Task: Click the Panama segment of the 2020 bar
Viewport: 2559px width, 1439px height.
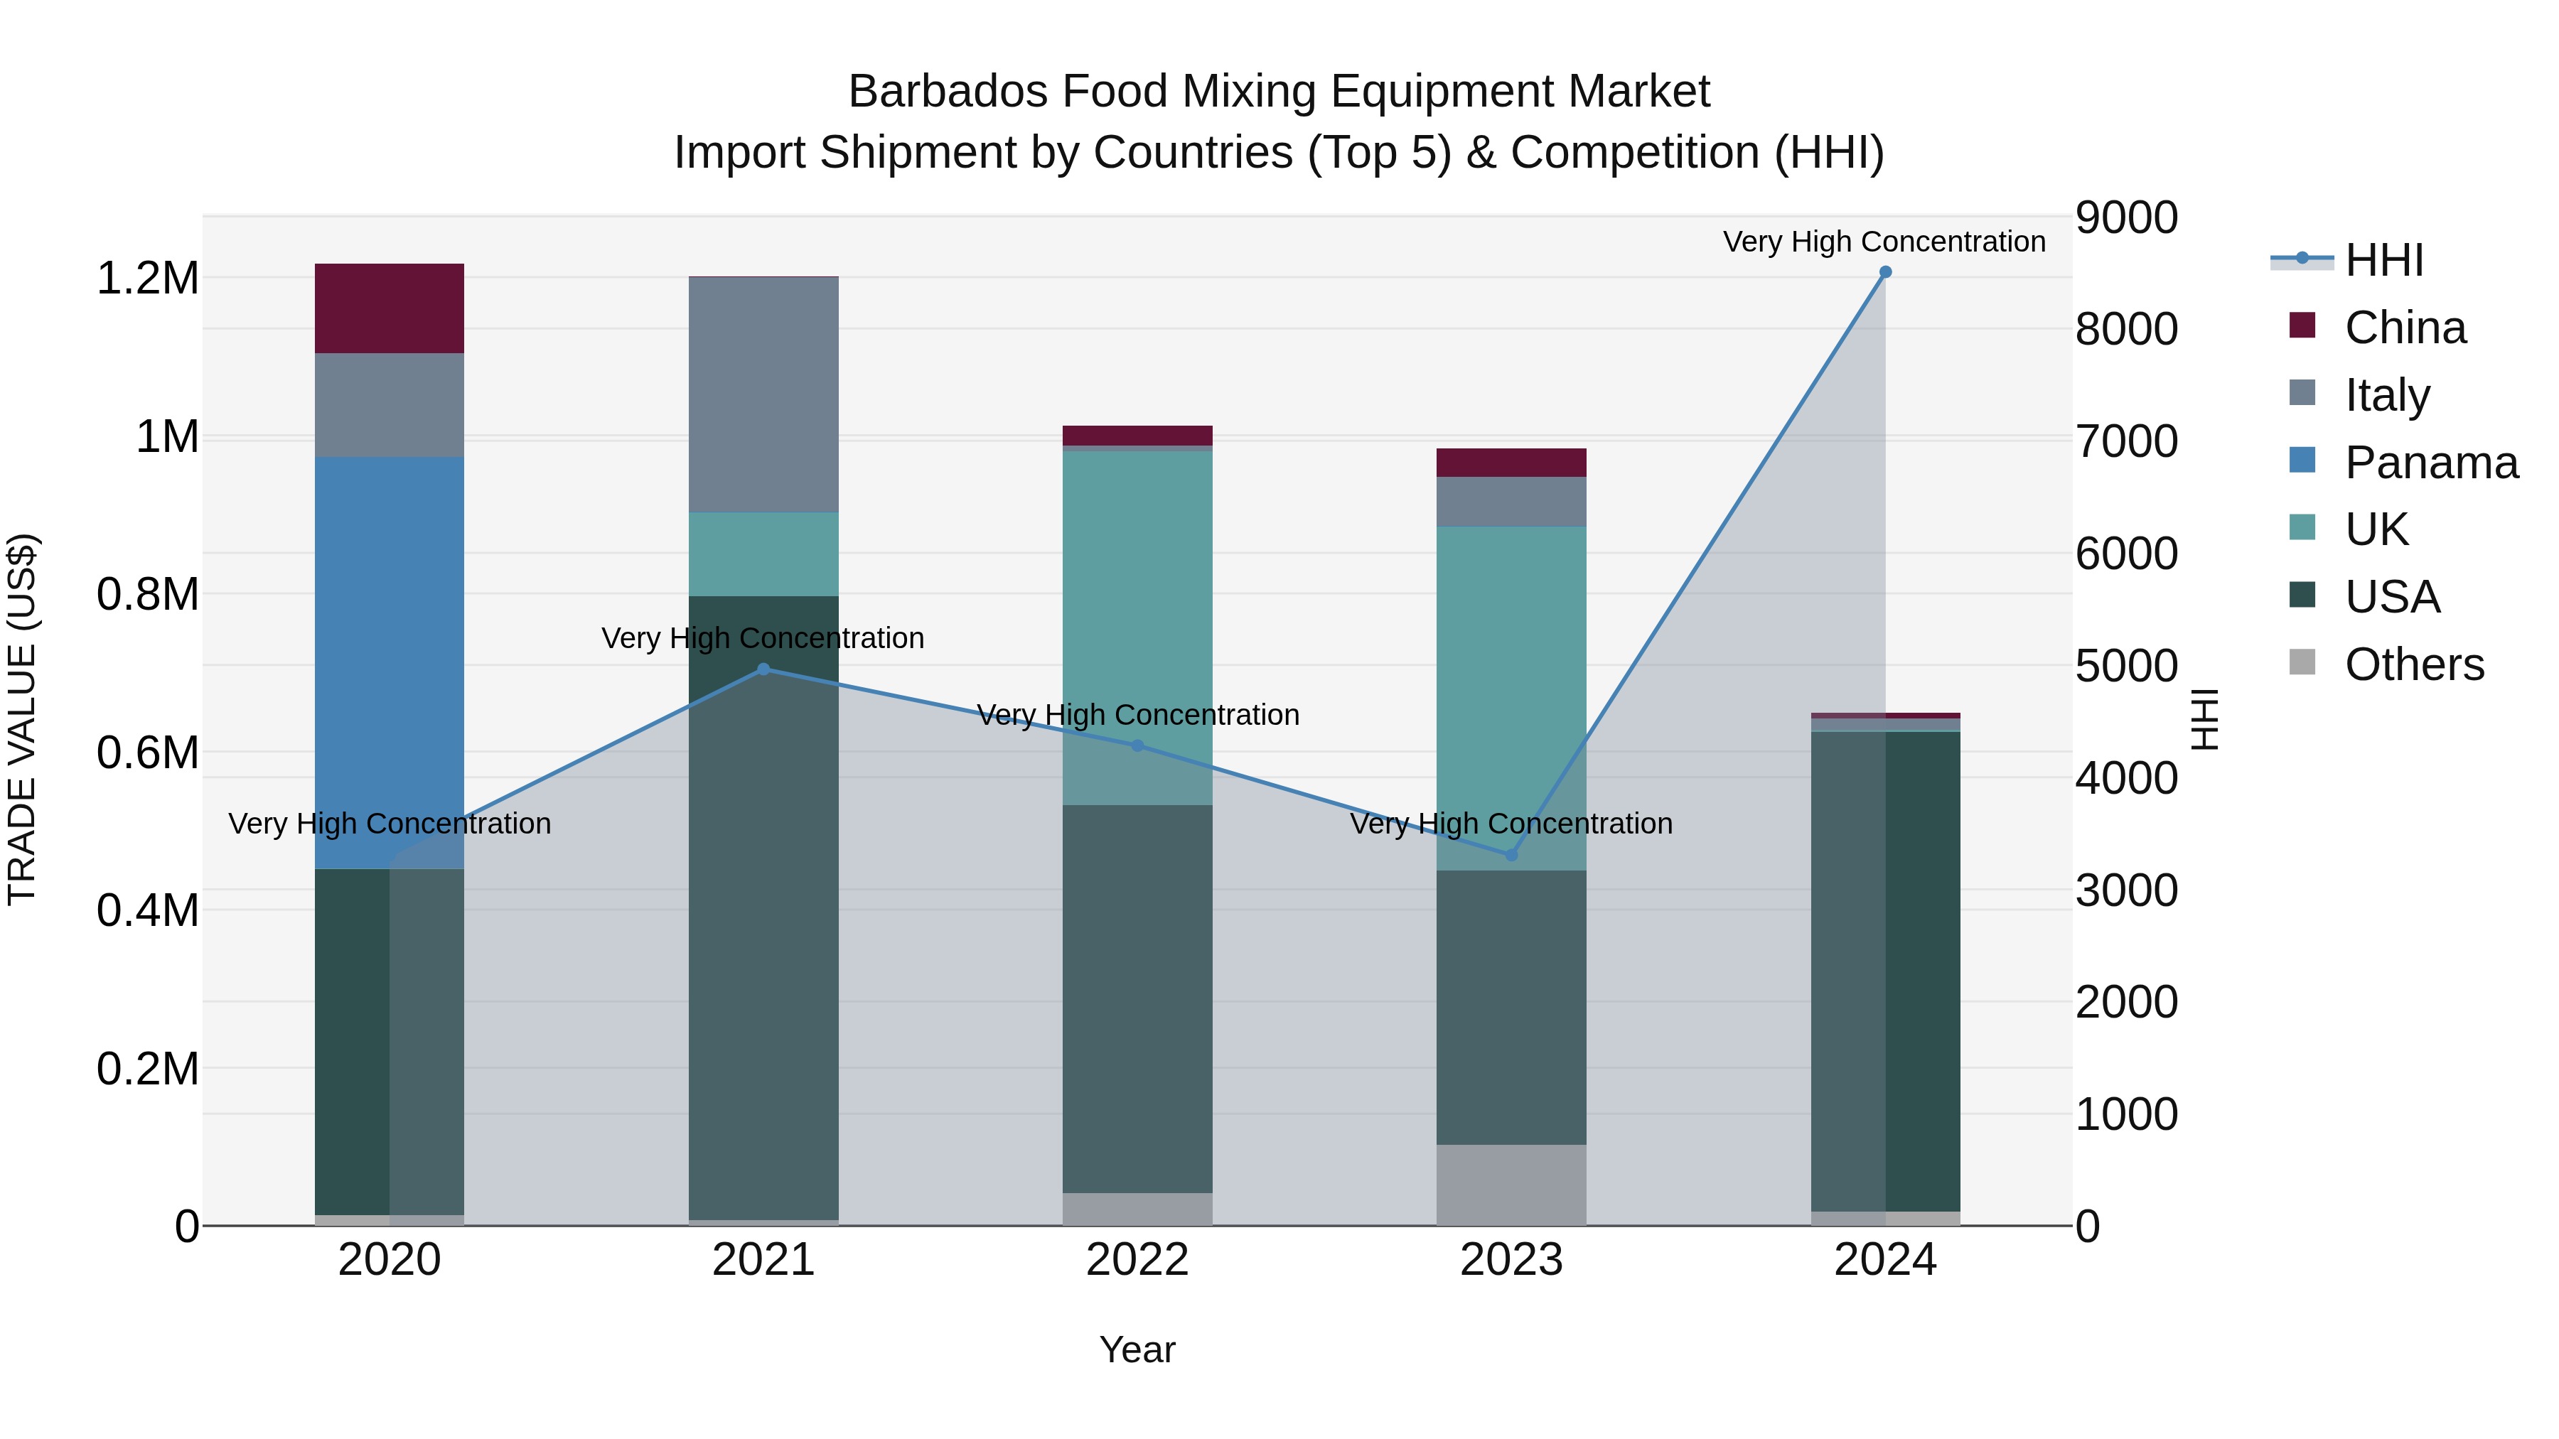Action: (390, 655)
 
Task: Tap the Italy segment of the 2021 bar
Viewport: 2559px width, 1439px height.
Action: (763, 394)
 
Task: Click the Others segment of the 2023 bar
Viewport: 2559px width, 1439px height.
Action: (1511, 1185)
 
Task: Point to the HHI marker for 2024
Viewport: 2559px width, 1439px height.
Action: (1885, 272)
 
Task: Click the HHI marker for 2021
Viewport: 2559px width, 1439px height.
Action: (763, 669)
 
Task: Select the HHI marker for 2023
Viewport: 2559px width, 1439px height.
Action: (1511, 855)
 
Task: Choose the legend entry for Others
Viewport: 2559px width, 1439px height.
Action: (2413, 664)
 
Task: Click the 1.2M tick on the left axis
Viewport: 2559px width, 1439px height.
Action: (148, 278)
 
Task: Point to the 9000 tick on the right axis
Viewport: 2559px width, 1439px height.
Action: (2126, 217)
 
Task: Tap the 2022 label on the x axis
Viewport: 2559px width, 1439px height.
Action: (1137, 1260)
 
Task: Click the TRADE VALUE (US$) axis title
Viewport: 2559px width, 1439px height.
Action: (22, 719)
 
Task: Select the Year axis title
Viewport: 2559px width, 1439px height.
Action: (1137, 1349)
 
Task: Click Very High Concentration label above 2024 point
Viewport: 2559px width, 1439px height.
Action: (1884, 242)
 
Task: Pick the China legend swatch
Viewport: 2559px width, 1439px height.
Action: (2302, 325)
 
